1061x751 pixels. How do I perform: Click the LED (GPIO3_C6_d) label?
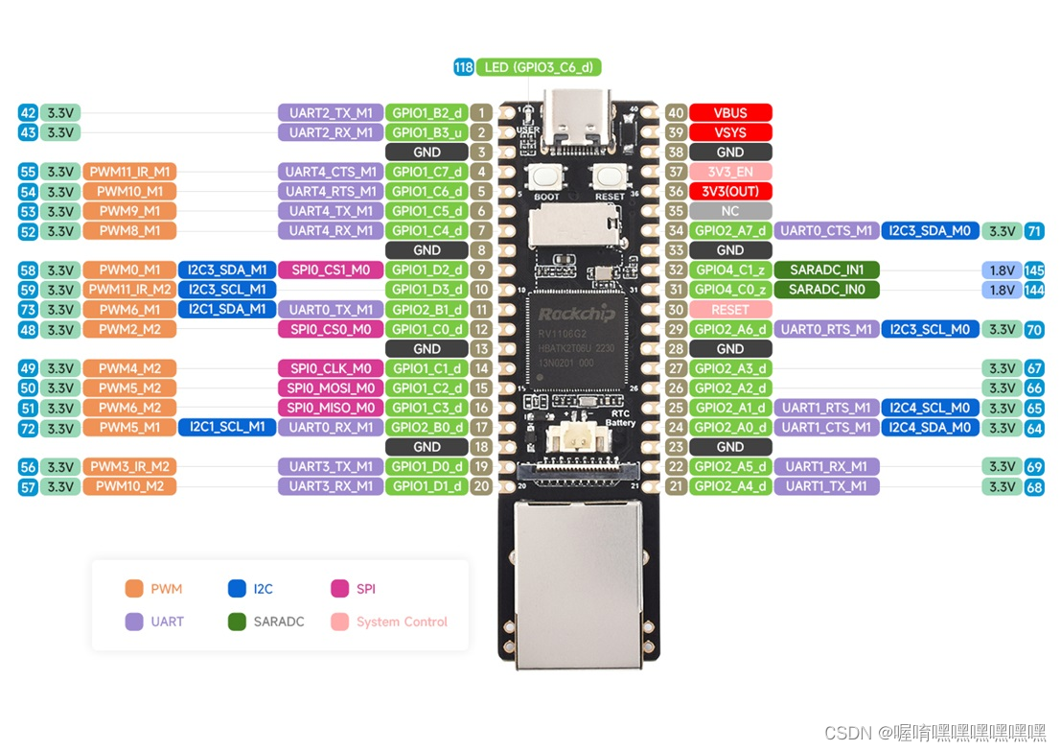point(539,67)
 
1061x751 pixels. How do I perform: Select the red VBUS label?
point(730,112)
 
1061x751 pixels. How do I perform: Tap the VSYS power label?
point(730,132)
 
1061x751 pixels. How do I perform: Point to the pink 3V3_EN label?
point(730,172)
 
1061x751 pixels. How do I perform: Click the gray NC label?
point(730,211)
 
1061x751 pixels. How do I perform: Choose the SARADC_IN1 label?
point(826,270)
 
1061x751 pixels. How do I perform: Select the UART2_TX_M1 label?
point(331,112)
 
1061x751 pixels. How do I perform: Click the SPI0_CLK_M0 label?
point(331,368)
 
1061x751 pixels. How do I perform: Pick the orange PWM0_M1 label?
point(129,270)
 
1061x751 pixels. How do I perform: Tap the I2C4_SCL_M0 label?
point(930,408)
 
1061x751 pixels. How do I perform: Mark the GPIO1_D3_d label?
point(427,290)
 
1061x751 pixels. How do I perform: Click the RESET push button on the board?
point(610,177)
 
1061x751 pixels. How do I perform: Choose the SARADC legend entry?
point(267,622)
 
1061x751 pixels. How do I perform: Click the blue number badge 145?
point(1034,270)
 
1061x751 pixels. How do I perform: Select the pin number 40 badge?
point(676,112)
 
